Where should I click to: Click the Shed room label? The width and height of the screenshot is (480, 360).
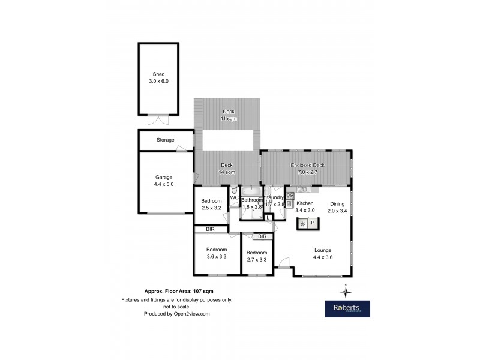coord(158,74)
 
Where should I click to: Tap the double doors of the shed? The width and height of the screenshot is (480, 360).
coord(158,117)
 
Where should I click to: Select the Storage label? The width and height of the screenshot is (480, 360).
coord(166,140)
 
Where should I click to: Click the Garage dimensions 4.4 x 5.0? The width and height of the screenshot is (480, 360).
coord(164,185)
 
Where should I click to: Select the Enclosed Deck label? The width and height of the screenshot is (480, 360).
coord(307,165)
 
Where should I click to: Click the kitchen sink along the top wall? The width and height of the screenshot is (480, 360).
coord(302,190)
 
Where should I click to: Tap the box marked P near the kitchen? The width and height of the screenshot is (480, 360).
coord(313,223)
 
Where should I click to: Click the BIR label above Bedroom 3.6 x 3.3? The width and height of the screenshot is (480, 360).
coord(210,229)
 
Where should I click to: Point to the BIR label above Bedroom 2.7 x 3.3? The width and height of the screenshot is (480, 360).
coord(262,236)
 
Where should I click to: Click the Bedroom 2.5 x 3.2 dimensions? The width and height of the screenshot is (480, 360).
coord(211,208)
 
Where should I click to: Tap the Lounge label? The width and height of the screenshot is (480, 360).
coord(322,250)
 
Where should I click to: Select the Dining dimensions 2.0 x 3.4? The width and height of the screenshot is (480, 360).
coord(336,211)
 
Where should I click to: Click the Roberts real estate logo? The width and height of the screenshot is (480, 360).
coord(347,308)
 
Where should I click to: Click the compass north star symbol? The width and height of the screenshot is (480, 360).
coord(346,291)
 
